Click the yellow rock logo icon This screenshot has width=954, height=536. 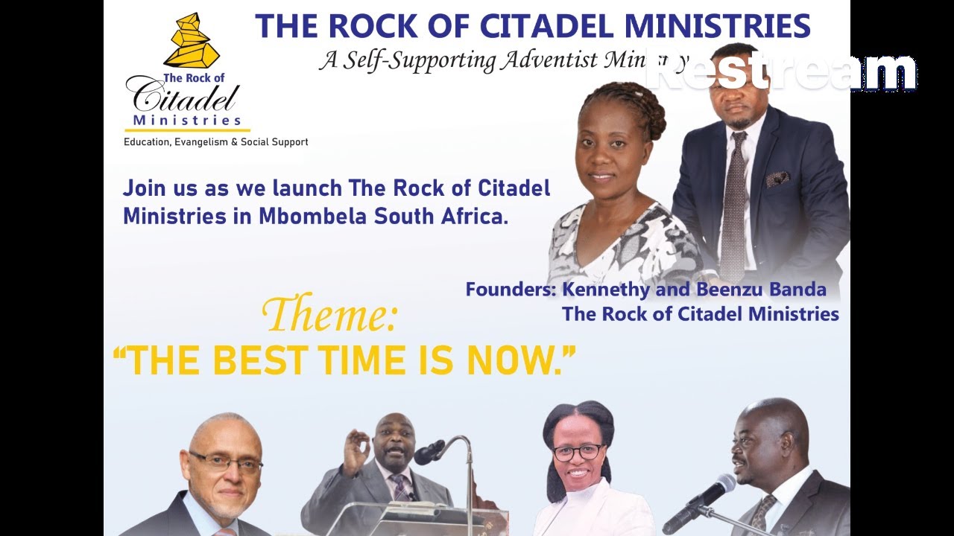(191, 40)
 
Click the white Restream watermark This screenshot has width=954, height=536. (781, 72)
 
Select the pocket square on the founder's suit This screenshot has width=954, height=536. (778, 179)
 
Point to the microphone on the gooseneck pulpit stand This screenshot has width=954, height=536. (429, 452)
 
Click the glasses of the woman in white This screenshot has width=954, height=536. (578, 452)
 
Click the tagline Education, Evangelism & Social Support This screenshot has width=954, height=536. (215, 141)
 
